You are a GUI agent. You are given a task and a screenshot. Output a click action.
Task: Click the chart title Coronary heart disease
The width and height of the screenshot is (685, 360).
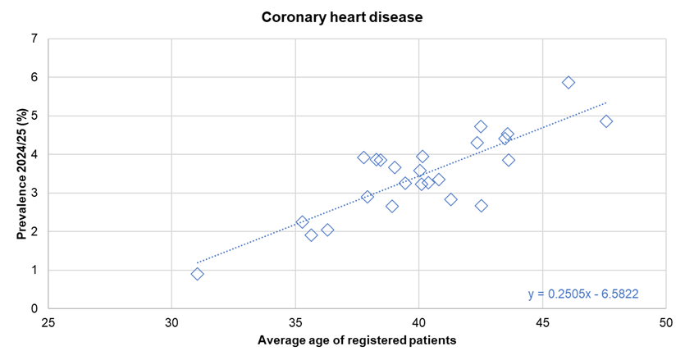[342, 16]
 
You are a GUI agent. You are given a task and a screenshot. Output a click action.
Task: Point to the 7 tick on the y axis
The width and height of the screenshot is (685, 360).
[34, 39]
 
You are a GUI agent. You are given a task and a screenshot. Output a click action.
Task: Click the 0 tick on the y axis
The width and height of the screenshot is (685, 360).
[34, 308]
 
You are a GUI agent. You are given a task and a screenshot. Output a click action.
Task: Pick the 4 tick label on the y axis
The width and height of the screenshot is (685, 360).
[34, 154]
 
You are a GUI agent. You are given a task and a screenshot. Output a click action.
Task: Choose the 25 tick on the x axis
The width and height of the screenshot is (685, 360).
[48, 322]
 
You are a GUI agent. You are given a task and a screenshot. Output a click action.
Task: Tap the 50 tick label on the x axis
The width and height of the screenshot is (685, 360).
[665, 322]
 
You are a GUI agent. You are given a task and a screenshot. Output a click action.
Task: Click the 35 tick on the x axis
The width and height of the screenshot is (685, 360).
[295, 322]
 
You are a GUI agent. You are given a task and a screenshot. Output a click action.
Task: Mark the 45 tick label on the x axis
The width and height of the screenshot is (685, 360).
[542, 322]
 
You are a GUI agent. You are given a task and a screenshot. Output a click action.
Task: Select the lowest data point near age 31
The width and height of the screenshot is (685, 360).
[198, 274]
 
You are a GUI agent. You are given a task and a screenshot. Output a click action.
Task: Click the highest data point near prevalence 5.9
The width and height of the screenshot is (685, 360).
[569, 83]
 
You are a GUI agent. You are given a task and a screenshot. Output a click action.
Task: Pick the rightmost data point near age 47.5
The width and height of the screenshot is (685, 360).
[606, 121]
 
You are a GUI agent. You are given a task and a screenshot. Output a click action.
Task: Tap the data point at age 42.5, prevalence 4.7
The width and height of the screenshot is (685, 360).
[481, 126]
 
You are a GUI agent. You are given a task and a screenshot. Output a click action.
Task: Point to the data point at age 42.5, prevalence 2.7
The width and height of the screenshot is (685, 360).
[482, 206]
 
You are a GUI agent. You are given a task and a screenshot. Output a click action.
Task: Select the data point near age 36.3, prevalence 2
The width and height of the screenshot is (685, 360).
[327, 230]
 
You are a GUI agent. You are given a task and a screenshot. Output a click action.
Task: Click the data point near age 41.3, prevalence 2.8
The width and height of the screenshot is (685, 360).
[450, 199]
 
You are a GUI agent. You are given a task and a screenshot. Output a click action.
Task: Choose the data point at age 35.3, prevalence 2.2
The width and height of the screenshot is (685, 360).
[302, 222]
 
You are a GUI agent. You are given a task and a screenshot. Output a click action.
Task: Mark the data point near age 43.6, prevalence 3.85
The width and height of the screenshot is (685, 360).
[509, 160]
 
